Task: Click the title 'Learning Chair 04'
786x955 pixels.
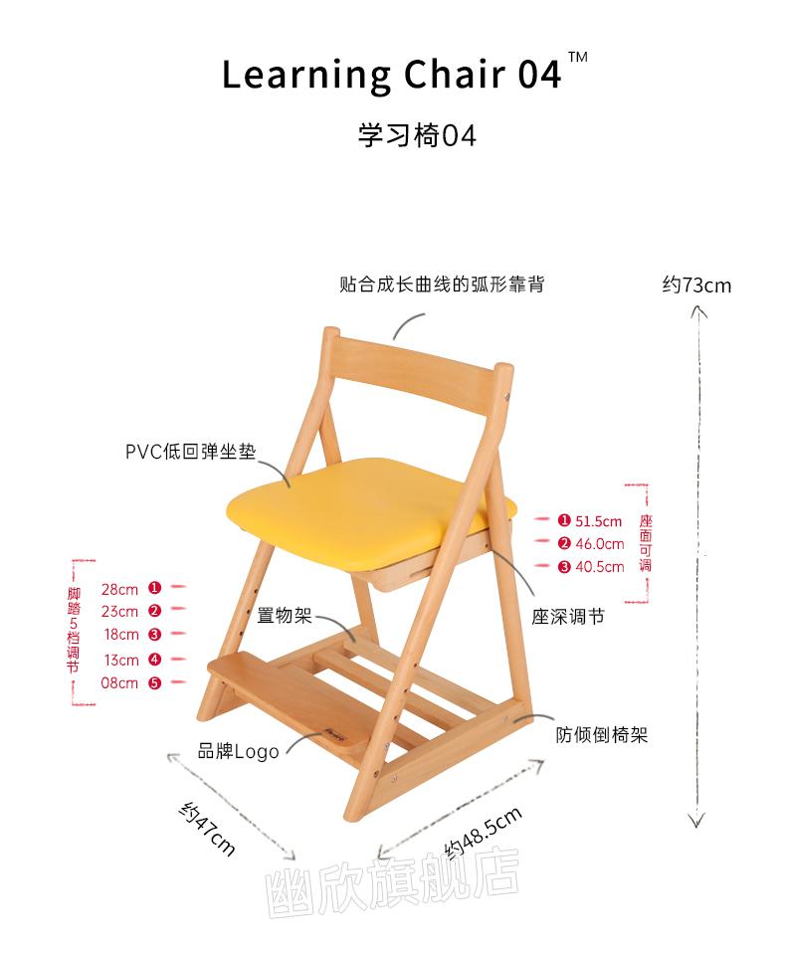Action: [x=391, y=75]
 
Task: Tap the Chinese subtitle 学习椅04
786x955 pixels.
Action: [x=417, y=136]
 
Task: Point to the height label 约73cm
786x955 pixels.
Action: [x=696, y=286]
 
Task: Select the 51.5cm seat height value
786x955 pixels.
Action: [x=598, y=521]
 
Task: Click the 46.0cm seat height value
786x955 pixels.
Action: [x=600, y=544]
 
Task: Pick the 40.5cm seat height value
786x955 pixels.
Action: [x=600, y=567]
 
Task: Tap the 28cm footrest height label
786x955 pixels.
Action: [x=119, y=590]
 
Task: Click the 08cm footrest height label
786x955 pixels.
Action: [x=119, y=683]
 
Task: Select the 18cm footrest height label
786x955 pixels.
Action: [x=121, y=635]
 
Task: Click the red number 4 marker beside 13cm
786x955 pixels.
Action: [x=155, y=660]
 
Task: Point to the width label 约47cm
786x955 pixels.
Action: [x=207, y=829]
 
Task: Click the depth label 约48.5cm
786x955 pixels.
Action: [x=483, y=833]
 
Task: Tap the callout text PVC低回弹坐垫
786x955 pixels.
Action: [x=191, y=452]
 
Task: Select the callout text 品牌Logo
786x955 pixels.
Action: [x=238, y=752]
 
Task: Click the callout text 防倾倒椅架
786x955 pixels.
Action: [x=601, y=735]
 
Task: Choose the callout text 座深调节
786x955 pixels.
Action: [x=568, y=617]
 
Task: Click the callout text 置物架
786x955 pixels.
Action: [x=284, y=615]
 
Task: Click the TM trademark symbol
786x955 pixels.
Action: [x=578, y=58]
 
